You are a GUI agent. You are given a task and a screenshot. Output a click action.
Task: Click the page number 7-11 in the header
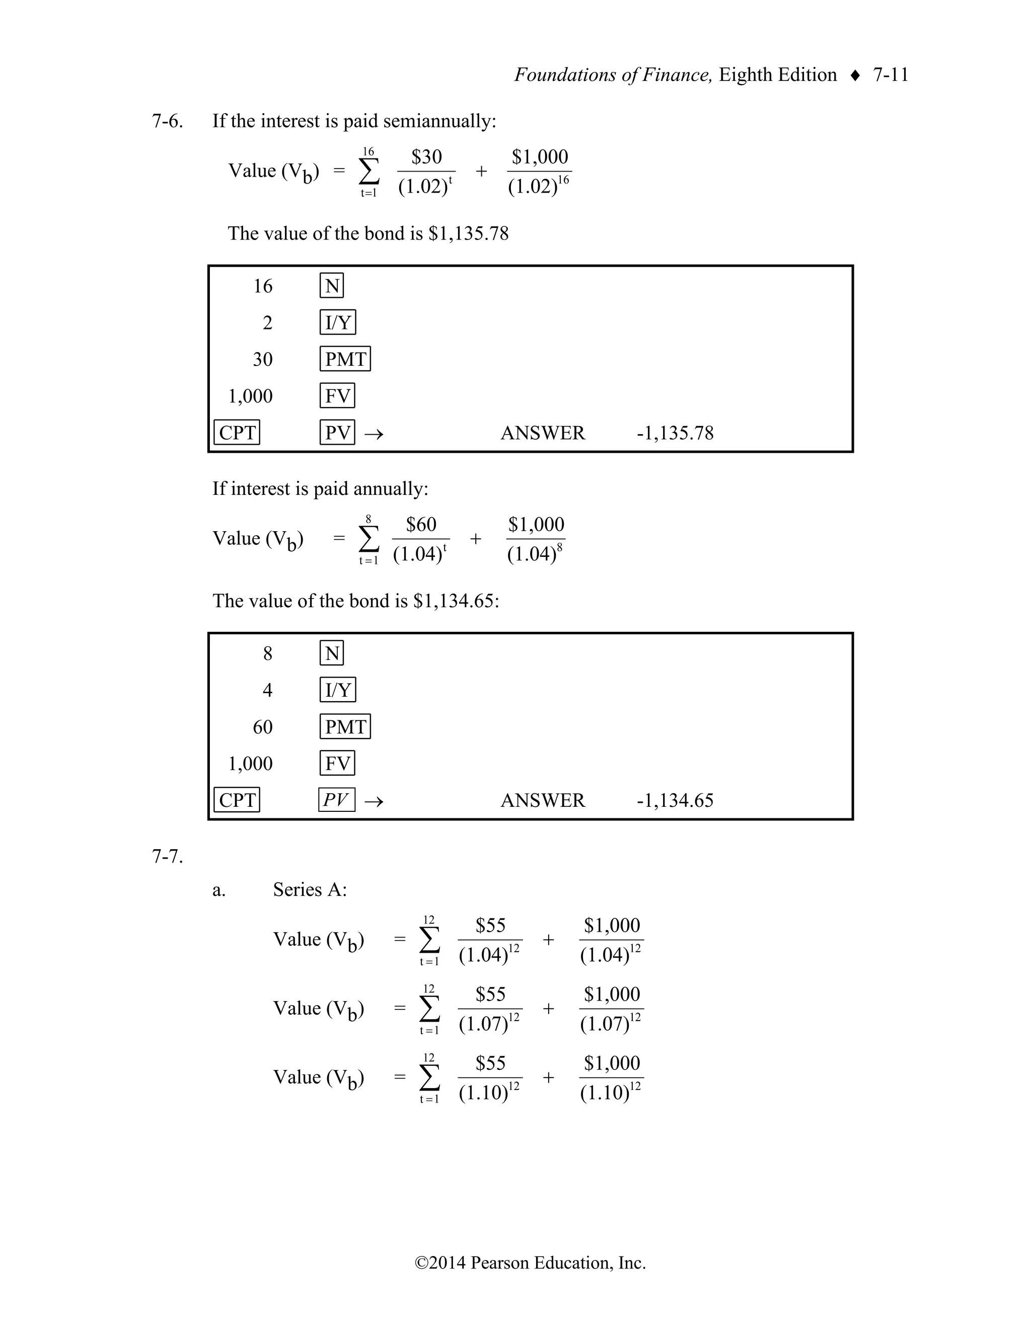click(x=891, y=75)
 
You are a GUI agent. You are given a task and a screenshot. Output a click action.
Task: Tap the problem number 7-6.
click(x=167, y=121)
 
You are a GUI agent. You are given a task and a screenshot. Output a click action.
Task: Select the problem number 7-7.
click(x=167, y=857)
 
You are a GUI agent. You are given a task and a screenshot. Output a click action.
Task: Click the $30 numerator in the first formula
click(x=426, y=157)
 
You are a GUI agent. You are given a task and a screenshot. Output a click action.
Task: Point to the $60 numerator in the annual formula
click(x=421, y=525)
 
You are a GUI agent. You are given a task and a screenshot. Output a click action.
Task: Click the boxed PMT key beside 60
click(x=345, y=727)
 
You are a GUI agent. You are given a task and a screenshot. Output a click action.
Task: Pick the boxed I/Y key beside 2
click(x=338, y=323)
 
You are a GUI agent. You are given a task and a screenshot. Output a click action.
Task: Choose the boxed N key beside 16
click(x=332, y=286)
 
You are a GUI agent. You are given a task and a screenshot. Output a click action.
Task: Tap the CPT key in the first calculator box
click(x=237, y=433)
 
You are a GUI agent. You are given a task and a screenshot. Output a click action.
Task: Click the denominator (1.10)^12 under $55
click(x=489, y=1093)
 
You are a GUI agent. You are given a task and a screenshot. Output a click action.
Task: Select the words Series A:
click(x=310, y=890)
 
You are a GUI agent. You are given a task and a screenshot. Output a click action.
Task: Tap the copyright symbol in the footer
click(x=421, y=1263)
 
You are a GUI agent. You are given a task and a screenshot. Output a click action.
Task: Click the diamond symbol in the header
click(x=855, y=75)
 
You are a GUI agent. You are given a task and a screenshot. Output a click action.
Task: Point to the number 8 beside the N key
click(x=267, y=654)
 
